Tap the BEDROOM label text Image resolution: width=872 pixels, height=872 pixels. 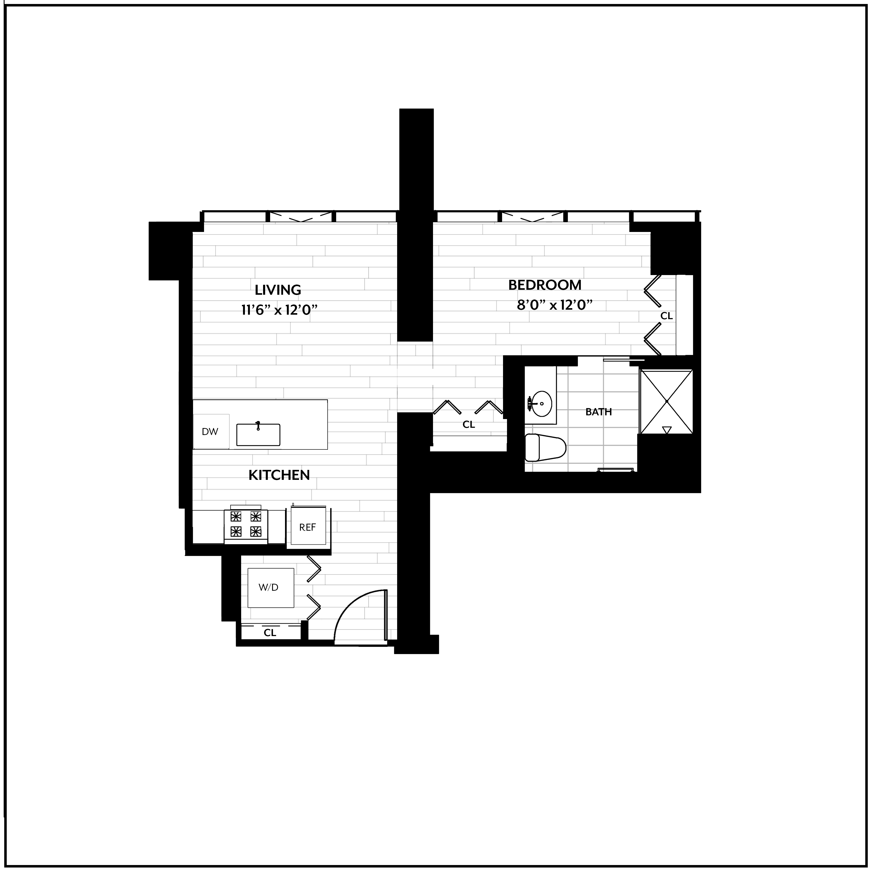pos(545,285)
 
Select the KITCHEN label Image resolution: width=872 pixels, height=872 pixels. pos(279,475)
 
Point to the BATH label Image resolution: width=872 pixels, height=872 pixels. pos(598,412)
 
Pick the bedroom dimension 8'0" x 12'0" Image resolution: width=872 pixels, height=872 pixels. pos(554,305)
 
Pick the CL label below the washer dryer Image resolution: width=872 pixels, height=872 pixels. pos(270,633)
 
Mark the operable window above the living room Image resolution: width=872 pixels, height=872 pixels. pos(301,217)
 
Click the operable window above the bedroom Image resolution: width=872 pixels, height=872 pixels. pos(533,217)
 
